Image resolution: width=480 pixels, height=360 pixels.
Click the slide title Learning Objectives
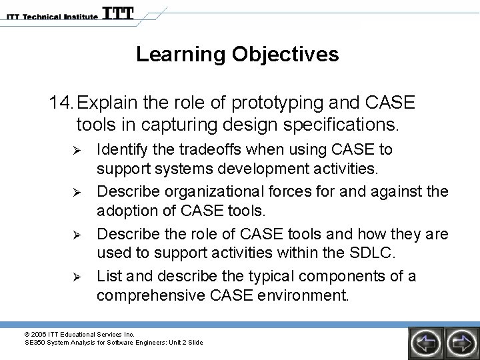tap(237, 55)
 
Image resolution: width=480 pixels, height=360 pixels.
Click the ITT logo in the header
tap(117, 13)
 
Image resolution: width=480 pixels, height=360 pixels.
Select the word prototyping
tap(268, 103)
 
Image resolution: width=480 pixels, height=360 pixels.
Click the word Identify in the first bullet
tap(122, 149)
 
